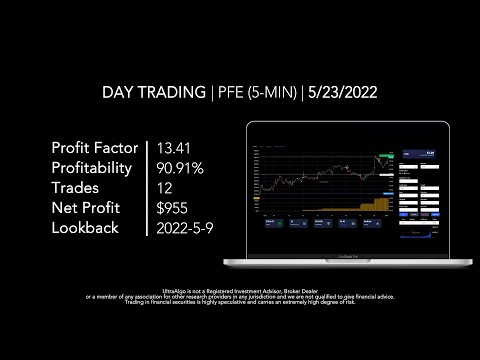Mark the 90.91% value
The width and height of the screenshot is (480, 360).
(181, 168)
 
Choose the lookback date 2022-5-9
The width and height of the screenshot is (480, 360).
(184, 228)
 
